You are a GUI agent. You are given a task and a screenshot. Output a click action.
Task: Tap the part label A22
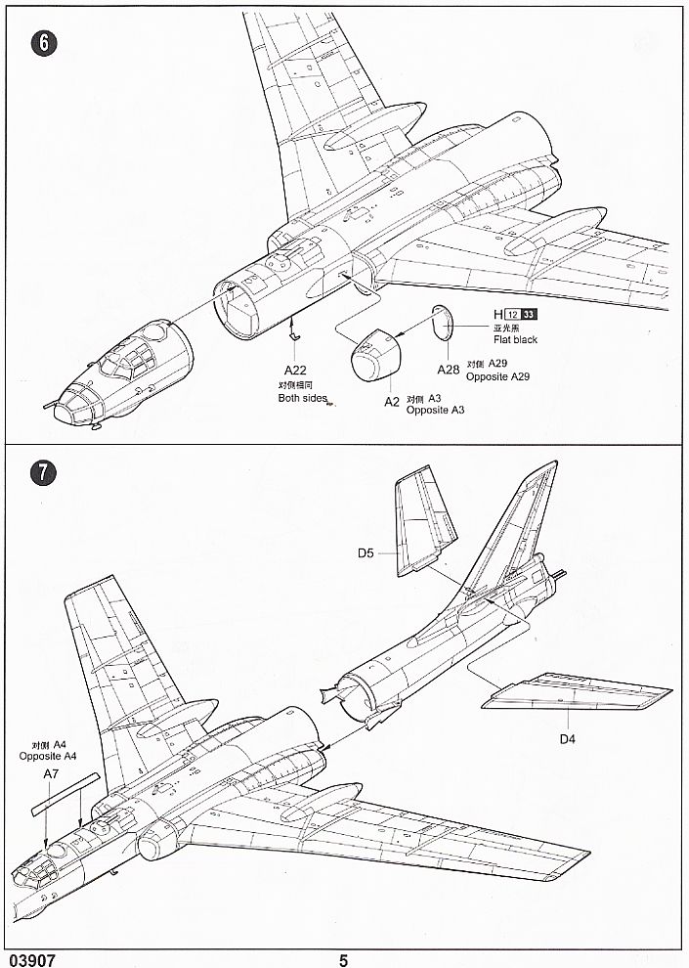(x=295, y=370)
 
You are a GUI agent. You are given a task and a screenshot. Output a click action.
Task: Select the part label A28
(x=448, y=370)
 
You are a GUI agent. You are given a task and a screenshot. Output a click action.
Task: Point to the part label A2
(x=391, y=402)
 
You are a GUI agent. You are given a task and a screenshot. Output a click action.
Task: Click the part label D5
(x=366, y=553)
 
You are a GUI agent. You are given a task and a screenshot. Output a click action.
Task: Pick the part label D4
(x=568, y=739)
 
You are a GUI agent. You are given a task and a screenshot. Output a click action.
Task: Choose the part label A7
(x=53, y=774)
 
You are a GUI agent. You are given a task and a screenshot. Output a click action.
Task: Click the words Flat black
(x=515, y=340)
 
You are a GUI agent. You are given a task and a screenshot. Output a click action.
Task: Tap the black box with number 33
(x=529, y=314)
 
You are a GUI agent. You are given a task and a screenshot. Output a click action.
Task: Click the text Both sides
(x=302, y=398)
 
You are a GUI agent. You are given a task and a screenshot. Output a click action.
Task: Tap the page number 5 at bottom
(x=343, y=959)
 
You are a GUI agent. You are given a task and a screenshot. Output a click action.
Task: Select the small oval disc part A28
(x=443, y=324)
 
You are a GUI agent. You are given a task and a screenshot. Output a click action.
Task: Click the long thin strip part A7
(x=65, y=793)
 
